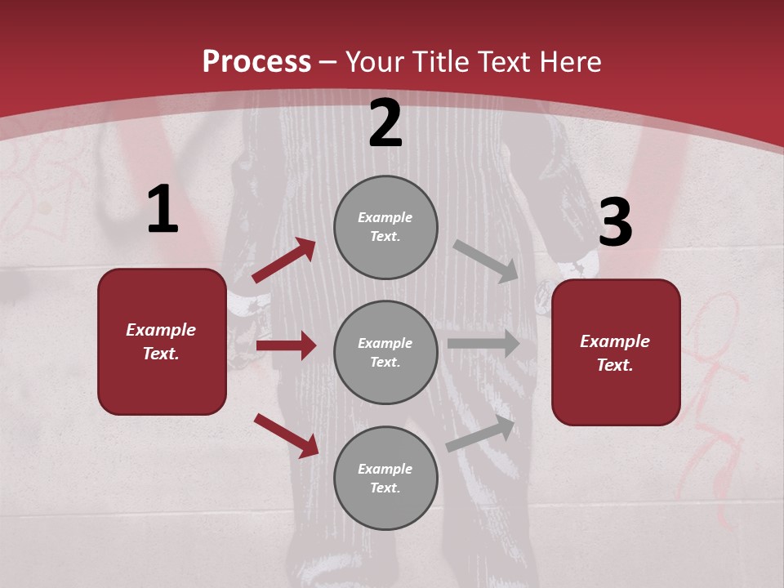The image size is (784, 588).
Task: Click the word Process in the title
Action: (256, 62)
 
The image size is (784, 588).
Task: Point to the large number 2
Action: (385, 123)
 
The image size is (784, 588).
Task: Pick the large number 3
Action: (616, 223)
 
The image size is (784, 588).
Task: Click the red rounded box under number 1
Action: (162, 341)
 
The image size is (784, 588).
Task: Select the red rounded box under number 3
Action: (616, 353)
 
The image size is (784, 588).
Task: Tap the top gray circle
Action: (385, 227)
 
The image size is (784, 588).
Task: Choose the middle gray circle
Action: (385, 353)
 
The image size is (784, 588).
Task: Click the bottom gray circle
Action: (385, 479)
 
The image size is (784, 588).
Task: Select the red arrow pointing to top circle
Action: (283, 261)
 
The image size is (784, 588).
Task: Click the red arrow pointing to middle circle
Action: (286, 345)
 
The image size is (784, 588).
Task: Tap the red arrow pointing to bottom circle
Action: (286, 435)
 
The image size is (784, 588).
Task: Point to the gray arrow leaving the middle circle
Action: (483, 343)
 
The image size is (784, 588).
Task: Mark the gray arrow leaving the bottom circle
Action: (481, 434)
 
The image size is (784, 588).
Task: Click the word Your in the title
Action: (375, 62)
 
